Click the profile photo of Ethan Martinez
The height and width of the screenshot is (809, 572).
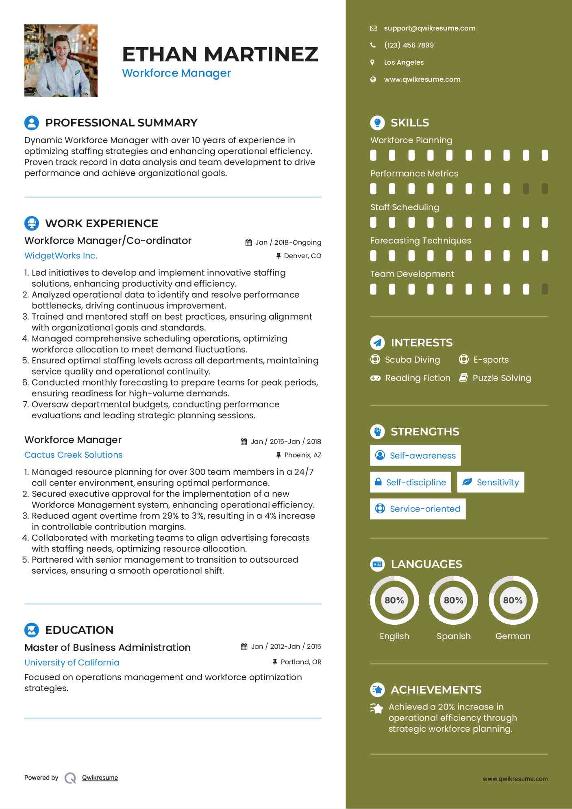click(x=61, y=61)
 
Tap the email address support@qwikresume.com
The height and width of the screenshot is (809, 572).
click(x=429, y=28)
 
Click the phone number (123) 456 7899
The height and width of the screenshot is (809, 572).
click(x=409, y=45)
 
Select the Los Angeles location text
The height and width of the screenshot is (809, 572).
click(x=404, y=62)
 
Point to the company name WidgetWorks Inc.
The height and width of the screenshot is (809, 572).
click(x=61, y=256)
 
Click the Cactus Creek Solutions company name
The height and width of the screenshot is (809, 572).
click(x=73, y=455)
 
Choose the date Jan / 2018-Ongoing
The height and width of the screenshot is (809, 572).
click(x=288, y=243)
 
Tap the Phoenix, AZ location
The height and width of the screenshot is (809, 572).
click(x=302, y=455)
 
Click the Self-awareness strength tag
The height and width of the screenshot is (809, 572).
click(x=415, y=455)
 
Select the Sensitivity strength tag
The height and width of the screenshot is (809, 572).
click(x=490, y=482)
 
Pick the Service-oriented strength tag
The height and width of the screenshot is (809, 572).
click(x=418, y=509)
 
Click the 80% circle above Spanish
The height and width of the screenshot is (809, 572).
click(x=453, y=600)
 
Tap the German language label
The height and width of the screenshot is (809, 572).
click(x=513, y=636)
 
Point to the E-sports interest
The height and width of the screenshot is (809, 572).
click(x=491, y=360)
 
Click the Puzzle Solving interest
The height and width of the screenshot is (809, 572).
click(x=502, y=378)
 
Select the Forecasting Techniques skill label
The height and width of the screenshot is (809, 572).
click(x=421, y=241)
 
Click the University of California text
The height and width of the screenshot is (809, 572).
click(x=72, y=663)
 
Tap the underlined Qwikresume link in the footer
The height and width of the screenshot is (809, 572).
click(x=100, y=778)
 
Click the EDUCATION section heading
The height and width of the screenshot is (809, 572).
click(x=79, y=630)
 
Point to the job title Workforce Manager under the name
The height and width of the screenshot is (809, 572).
click(x=176, y=73)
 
